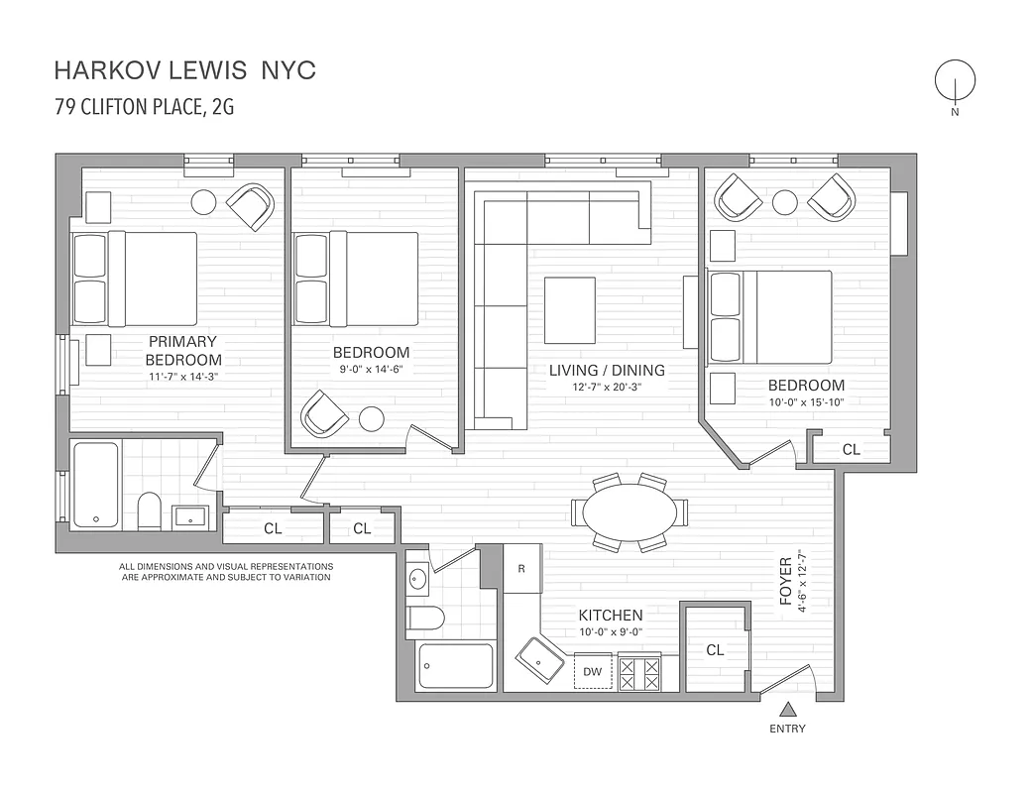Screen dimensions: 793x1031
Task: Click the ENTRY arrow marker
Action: (788, 709)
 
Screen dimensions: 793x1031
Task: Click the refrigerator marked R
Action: (521, 569)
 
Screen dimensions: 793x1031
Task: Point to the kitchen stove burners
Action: (639, 673)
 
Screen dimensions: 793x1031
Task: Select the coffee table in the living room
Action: (570, 310)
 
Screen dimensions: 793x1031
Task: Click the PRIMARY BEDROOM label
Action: (183, 350)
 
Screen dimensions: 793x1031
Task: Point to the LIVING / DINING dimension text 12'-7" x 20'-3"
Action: (607, 388)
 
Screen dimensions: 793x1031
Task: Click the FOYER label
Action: (786, 580)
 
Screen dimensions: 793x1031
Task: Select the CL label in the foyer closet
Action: (715, 650)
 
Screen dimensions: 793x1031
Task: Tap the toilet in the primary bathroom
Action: (150, 510)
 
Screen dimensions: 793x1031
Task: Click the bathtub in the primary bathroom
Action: (96, 485)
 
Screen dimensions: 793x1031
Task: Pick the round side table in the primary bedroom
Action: (204, 201)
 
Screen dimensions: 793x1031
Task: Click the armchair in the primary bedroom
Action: (250, 206)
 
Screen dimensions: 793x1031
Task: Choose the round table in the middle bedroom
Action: (372, 419)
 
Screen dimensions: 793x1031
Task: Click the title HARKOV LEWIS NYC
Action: (184, 70)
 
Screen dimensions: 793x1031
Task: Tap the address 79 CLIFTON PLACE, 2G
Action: (144, 107)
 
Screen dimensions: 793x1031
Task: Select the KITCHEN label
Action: (611, 615)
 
